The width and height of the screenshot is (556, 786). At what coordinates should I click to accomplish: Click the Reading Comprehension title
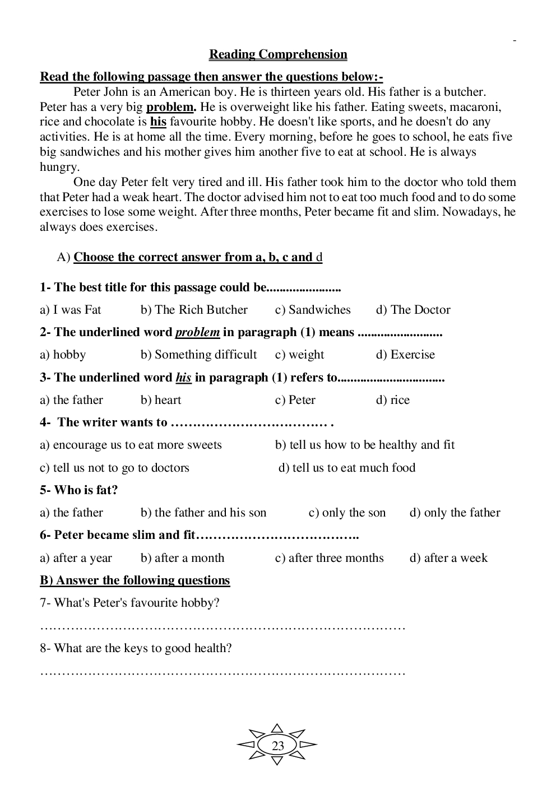tap(278, 54)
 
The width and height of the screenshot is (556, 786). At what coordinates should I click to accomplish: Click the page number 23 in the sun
tap(277, 746)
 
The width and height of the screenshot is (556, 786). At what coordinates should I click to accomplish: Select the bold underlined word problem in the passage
tap(170, 107)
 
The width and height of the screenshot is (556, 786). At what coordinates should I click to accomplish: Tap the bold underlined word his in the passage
tap(158, 122)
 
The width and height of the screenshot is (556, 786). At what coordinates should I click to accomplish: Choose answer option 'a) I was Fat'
tap(70, 310)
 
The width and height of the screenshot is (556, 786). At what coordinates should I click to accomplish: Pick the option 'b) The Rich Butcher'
tap(194, 310)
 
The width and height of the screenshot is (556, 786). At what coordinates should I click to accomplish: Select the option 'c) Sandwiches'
tap(312, 310)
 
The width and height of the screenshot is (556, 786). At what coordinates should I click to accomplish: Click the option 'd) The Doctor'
tap(413, 310)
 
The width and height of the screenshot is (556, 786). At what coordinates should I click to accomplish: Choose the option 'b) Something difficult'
tap(198, 355)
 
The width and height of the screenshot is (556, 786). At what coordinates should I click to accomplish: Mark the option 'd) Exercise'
tap(405, 355)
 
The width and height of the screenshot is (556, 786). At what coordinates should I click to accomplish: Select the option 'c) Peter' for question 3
tap(295, 400)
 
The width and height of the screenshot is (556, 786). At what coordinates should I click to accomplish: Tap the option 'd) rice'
tap(392, 400)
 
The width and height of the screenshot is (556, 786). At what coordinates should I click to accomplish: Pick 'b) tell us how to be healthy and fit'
tap(365, 445)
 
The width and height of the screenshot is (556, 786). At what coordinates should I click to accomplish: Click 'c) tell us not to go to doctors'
tap(114, 468)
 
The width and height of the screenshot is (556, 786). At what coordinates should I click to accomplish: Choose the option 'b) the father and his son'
tap(203, 513)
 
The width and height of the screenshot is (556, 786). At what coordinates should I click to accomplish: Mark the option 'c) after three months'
tap(329, 558)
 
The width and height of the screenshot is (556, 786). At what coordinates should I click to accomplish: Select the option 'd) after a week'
tap(448, 558)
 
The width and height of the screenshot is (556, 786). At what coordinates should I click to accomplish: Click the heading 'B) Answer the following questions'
tap(135, 580)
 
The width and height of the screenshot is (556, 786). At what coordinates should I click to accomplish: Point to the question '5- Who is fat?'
tap(78, 490)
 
